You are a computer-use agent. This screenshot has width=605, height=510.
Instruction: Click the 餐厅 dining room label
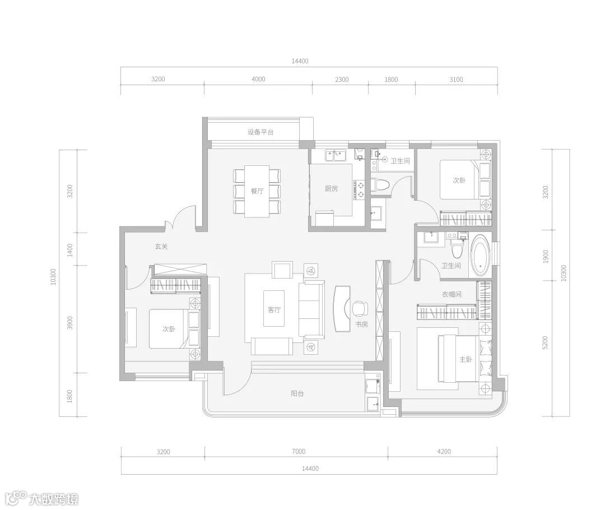[x=257, y=191]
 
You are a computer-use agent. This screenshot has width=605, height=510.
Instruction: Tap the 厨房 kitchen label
[x=332, y=189]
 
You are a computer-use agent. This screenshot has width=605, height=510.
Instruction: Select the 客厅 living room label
[x=274, y=309]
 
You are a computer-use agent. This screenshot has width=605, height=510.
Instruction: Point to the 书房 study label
[x=361, y=324]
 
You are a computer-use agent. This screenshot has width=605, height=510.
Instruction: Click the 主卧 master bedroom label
[x=466, y=359]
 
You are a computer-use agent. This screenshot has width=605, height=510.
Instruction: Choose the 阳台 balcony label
[x=297, y=393]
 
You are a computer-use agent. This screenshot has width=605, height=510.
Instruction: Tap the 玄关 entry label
[x=161, y=247]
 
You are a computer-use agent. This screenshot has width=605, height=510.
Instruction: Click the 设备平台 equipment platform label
[x=260, y=132]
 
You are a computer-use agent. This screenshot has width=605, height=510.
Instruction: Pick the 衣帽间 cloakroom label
[x=452, y=294]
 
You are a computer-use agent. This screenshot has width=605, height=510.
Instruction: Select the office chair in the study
[x=360, y=308]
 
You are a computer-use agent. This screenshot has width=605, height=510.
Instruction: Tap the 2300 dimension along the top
[x=342, y=80]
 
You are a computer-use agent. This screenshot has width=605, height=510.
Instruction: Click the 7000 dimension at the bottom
[x=299, y=451]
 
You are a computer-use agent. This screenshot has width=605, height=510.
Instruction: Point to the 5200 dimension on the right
[x=545, y=342]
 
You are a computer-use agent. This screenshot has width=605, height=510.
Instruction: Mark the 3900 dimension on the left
[x=70, y=323]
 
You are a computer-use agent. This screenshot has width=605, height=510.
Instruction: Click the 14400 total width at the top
[x=300, y=61]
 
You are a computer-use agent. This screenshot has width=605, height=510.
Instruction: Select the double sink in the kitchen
[x=336, y=156]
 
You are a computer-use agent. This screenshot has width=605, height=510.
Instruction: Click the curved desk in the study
[x=342, y=308]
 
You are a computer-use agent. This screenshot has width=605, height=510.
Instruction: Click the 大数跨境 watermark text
[x=54, y=499]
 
